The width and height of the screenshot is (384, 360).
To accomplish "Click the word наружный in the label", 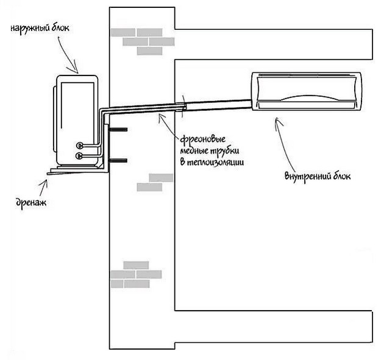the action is tap(30, 28).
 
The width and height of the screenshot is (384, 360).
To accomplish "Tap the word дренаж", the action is tap(31, 203).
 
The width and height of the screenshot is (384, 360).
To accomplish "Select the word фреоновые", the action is tap(203, 140).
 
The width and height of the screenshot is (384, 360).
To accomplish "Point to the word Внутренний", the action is tap(306, 176).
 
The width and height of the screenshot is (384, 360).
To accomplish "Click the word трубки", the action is tap(224, 150).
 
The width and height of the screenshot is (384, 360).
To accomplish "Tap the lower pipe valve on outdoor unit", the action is tap(79, 155).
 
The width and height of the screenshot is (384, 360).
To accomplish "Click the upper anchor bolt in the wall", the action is tap(118, 130).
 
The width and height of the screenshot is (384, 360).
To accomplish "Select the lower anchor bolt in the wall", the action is tap(118, 161).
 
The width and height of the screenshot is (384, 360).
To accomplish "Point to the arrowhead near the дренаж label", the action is tap(45, 182).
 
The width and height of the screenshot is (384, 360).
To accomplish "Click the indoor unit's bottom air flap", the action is tap(306, 105).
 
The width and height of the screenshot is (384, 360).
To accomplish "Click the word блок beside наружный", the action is tap(60, 27).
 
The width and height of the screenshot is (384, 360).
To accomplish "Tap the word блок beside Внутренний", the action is tap(341, 175).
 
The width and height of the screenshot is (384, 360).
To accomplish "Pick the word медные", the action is tap(194, 150).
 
